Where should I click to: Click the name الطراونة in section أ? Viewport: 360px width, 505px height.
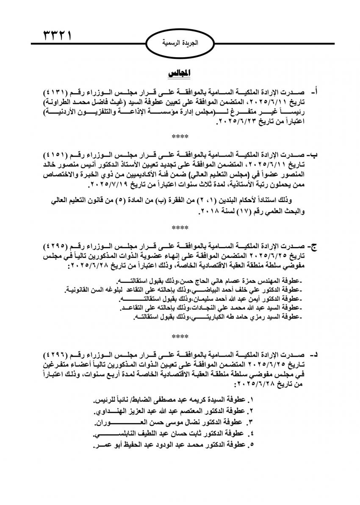[x=59, y=102]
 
